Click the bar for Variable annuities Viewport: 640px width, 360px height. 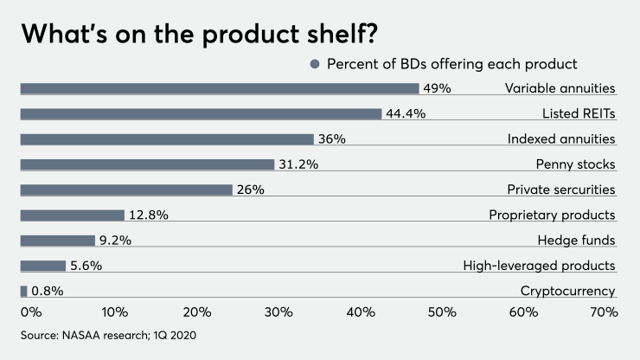(219, 88)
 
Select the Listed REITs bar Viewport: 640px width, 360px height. (201, 113)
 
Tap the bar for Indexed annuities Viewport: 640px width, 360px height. (167, 139)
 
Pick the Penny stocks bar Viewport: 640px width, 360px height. (147, 164)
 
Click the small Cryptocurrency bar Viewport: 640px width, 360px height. (23, 292)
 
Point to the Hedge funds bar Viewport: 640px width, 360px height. (57, 241)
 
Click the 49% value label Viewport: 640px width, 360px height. (438, 88)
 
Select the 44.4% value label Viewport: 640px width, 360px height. (406, 113)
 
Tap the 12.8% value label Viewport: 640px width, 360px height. (150, 215)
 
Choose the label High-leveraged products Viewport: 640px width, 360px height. (539, 266)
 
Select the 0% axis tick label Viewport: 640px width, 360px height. (31, 312)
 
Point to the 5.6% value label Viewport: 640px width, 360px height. (86, 266)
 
